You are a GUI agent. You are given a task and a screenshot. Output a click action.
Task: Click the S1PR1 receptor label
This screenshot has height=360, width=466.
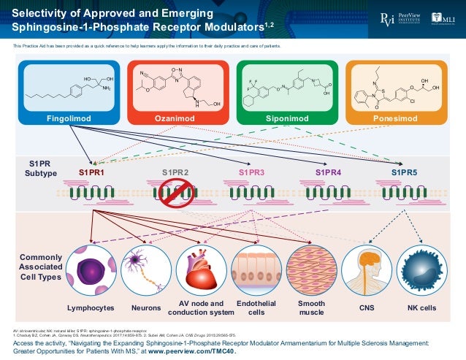pos(92,172)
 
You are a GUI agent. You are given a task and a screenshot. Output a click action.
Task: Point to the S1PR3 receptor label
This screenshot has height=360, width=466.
pos(251,172)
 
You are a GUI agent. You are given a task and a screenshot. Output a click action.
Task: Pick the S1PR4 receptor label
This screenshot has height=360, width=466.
pos(328,172)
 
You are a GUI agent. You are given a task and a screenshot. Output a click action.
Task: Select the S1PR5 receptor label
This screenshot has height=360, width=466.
pos(404,172)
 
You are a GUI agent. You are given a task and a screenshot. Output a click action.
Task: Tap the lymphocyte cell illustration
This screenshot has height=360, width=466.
pos(91,271)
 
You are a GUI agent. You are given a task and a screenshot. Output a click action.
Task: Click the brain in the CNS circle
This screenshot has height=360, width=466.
pos(367,271)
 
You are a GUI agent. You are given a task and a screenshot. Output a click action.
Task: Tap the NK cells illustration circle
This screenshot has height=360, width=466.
pos(421,271)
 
